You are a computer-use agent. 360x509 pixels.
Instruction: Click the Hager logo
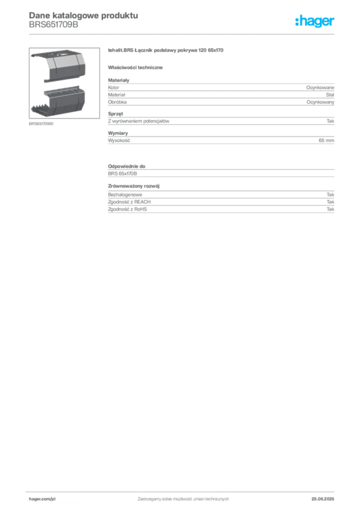[315, 21]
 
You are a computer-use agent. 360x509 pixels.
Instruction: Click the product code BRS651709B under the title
[54, 25]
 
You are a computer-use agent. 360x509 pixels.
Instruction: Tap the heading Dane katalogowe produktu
[84, 15]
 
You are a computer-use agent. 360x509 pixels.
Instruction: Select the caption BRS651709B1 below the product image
[41, 124]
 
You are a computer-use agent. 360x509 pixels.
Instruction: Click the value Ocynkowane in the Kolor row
[320, 87]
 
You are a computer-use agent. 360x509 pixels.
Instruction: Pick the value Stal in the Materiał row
[330, 95]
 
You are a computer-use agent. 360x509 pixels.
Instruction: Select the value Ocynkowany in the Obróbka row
[320, 102]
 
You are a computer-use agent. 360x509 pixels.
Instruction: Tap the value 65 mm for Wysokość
[326, 140]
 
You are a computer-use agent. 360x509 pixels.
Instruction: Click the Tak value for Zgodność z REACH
[331, 202]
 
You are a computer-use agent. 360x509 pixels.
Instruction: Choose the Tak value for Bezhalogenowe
[331, 194]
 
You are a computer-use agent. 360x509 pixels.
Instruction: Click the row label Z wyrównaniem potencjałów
[139, 121]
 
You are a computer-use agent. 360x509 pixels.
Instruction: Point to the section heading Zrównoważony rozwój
[134, 186]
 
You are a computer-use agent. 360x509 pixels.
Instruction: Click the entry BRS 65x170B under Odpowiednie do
[122, 173]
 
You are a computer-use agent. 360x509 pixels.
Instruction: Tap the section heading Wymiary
[118, 133]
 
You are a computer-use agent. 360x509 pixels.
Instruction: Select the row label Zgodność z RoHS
[127, 209]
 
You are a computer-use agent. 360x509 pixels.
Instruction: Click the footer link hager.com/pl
[42, 499]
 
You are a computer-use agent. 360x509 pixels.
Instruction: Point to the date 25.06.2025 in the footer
[323, 499]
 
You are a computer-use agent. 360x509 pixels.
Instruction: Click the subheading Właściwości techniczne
[135, 68]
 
